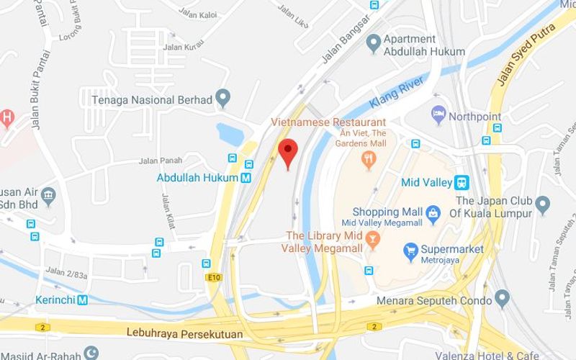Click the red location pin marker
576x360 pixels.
pyautogui.click(x=288, y=151)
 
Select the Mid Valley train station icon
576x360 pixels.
pyautogui.click(x=463, y=182)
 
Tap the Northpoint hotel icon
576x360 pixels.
pyautogui.click(x=437, y=114)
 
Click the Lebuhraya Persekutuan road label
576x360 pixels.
pyautogui.click(x=184, y=334)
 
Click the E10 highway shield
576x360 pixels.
pyautogui.click(x=213, y=276)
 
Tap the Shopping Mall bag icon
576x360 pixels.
pyautogui.click(x=432, y=212)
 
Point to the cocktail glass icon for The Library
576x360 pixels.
pyautogui.click(x=373, y=237)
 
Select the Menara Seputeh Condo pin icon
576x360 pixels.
pyautogui.click(x=502, y=297)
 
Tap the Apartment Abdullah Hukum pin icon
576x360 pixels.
pyautogui.click(x=373, y=45)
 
